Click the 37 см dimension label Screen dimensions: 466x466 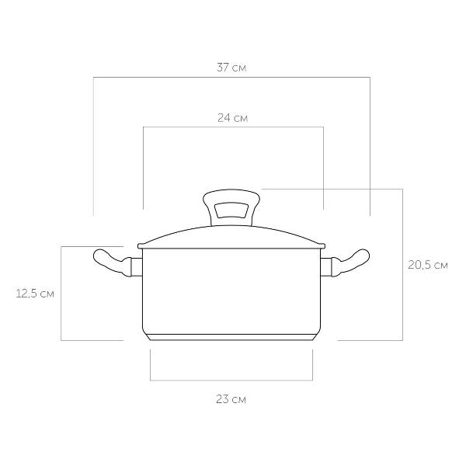click(231, 68)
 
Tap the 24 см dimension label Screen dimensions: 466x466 click(232, 118)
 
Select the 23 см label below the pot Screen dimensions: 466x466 click(231, 399)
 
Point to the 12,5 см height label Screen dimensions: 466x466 click(35, 294)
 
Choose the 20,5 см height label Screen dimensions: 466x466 click(428, 265)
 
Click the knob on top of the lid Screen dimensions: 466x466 click(231, 207)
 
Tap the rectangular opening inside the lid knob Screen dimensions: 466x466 click(231, 210)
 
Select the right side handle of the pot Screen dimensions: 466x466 click(351, 263)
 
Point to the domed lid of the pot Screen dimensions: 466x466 click(231, 237)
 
